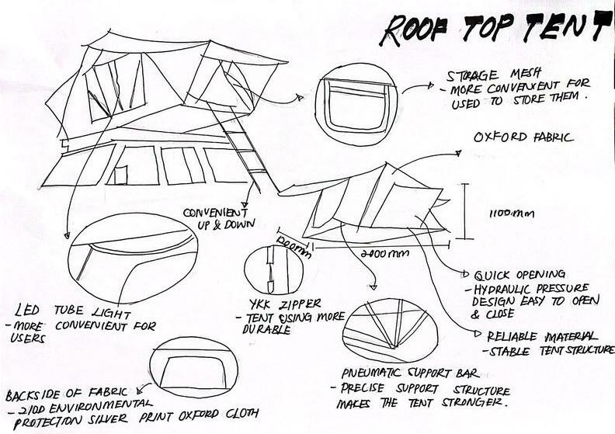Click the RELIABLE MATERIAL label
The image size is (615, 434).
(541, 335)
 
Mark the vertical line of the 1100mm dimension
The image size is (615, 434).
(464, 210)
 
